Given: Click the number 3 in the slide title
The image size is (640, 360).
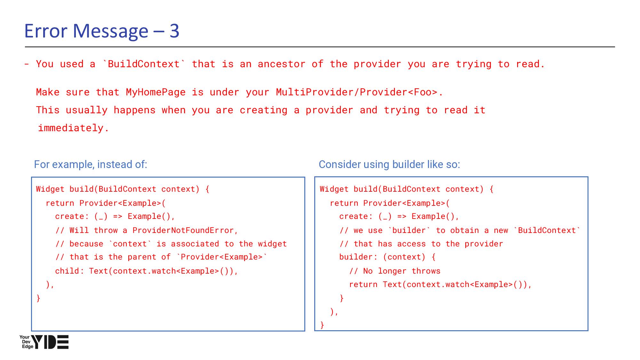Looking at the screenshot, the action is [x=174, y=31].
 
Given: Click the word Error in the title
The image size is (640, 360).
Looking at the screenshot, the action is [x=46, y=31].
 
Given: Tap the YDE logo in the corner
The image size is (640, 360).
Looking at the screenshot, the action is [x=44, y=342].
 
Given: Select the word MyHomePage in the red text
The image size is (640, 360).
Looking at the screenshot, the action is [x=156, y=92].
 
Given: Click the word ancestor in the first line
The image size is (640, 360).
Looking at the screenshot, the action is [x=281, y=64].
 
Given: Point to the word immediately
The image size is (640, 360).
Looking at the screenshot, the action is [x=73, y=128].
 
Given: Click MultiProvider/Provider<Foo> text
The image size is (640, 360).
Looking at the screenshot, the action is [x=356, y=92].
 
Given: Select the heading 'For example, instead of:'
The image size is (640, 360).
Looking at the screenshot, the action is [x=91, y=164].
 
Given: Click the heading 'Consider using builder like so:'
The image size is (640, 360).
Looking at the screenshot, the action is [x=389, y=164].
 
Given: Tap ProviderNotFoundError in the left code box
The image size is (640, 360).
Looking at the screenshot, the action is [x=183, y=230].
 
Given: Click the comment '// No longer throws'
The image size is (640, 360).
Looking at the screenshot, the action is [x=395, y=271].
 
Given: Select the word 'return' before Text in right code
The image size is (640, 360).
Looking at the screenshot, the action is [x=363, y=284].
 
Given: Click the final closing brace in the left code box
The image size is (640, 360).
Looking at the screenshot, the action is [x=38, y=298].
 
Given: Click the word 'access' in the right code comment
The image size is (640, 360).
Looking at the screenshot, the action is [x=411, y=244].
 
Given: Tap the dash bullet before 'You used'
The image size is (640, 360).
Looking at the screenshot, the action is [x=27, y=64].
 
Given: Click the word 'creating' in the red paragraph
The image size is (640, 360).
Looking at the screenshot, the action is [x=263, y=110].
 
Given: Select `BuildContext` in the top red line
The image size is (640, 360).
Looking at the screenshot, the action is [x=144, y=64].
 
